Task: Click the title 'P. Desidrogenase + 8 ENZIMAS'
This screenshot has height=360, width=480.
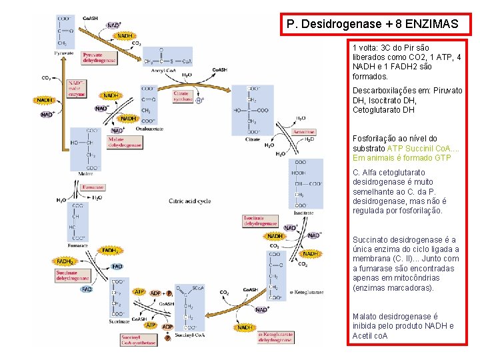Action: point(372,25)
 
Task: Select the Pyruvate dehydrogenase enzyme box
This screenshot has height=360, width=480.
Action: point(99,58)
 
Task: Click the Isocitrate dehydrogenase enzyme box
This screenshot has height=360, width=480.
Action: point(259,221)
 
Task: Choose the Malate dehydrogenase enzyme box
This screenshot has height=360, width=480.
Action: point(125,141)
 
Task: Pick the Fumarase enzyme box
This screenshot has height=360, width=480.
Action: point(93,188)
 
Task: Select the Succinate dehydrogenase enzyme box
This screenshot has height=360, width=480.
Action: point(73,274)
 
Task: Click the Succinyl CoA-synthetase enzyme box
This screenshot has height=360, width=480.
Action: point(138,340)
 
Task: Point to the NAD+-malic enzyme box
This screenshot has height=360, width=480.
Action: point(77,89)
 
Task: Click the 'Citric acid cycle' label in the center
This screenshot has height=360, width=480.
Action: point(190,200)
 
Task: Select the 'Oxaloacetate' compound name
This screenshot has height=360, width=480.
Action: point(149,129)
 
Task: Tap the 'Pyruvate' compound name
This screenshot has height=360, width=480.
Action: point(64,52)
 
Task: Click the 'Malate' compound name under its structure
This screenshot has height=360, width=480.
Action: point(86,173)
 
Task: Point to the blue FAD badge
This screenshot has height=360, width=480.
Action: point(117,267)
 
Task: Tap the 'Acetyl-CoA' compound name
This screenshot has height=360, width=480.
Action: point(163,69)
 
